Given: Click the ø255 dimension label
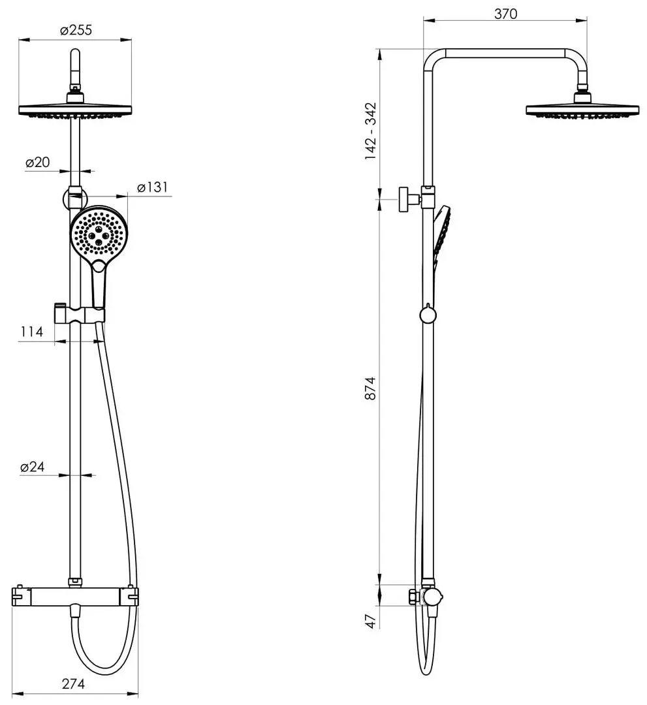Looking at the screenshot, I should (x=75, y=30).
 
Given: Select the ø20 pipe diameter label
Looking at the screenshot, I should (x=39, y=163).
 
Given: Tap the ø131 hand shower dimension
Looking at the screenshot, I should (x=152, y=187).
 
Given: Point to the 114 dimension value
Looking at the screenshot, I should (x=31, y=332).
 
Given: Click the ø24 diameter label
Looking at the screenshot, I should (x=32, y=467).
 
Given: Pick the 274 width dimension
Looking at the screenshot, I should (x=73, y=684).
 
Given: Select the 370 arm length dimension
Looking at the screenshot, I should (x=505, y=14).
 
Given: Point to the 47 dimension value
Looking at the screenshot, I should (x=371, y=620).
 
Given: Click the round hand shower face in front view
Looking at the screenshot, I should (x=97, y=234).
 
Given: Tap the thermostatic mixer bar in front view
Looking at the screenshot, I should (x=75, y=596).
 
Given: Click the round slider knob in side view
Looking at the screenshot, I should (x=428, y=315).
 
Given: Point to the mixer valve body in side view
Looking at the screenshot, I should (x=430, y=597).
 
